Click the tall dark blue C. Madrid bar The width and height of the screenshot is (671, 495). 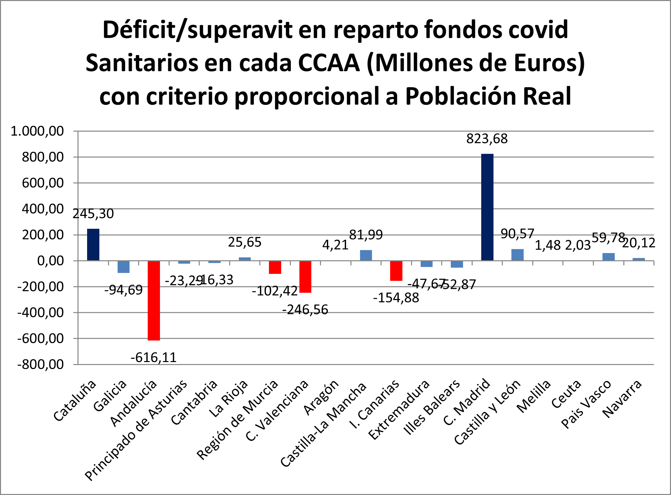tap(487, 207)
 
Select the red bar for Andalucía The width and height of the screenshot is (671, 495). tap(154, 300)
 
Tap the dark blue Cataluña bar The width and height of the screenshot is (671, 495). tap(93, 245)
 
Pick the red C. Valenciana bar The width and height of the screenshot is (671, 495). tap(305, 277)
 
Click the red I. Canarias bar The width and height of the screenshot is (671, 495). tap(396, 271)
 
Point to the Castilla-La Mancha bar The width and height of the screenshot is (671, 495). tap(366, 255)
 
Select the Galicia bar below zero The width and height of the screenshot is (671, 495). tap(124, 267)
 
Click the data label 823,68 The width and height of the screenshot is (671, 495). tap(487, 139)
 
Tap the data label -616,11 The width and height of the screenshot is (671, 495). tap(154, 358)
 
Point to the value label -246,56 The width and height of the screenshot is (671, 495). tap(305, 310)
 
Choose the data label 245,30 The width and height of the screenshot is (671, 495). tap(93, 214)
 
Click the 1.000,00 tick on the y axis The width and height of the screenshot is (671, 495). tap(37, 131)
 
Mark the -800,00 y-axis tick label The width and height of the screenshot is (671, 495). tap(40, 365)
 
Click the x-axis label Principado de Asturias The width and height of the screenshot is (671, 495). tap(136, 431)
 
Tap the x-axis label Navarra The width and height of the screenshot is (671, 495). tap(622, 399)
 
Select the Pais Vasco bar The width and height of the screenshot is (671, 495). tap(608, 257)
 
